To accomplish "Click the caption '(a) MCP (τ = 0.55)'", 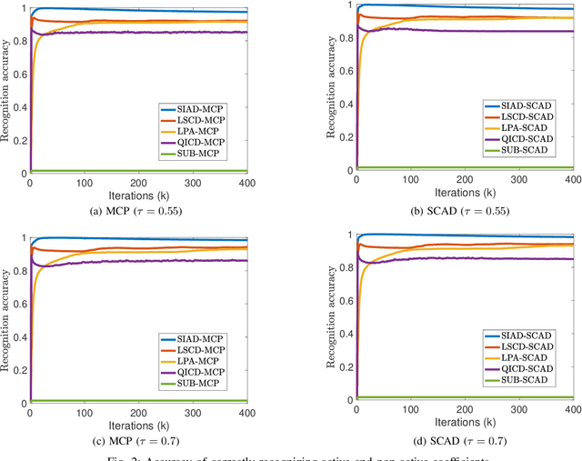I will coord(138,214).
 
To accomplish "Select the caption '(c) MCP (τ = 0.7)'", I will coord(138,441).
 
